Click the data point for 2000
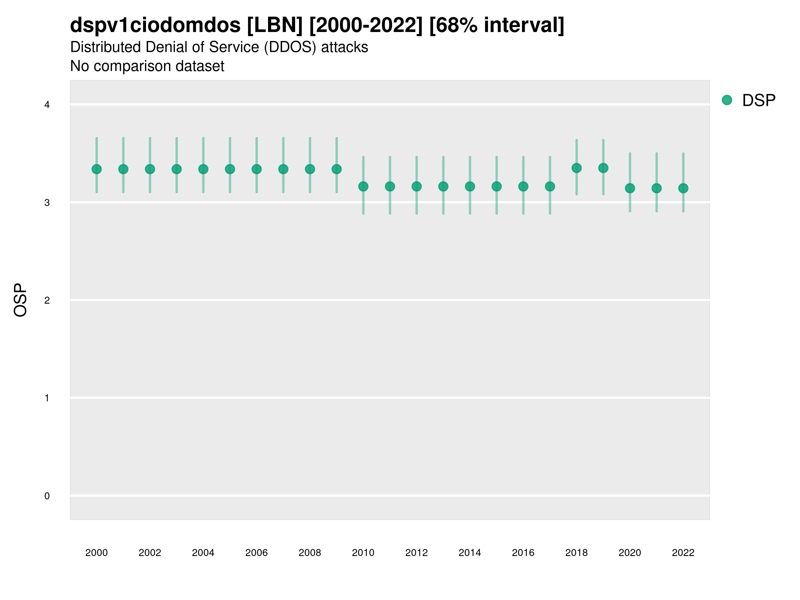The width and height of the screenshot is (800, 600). (97, 169)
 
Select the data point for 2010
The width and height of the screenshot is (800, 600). (363, 187)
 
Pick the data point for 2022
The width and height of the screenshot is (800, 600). (683, 188)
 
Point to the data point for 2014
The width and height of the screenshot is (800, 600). (470, 187)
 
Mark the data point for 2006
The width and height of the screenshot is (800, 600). (256, 169)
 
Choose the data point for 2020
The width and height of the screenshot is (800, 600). (630, 188)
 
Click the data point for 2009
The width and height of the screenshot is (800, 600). (337, 169)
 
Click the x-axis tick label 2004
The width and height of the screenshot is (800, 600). (203, 553)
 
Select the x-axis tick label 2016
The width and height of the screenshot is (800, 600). (523, 553)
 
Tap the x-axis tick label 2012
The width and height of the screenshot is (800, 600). (416, 553)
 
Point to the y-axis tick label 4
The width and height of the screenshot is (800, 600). (47, 105)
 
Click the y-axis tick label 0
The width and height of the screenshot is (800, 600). (47, 496)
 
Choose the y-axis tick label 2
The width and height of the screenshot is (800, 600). (47, 301)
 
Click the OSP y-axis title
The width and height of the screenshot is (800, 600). (20, 300)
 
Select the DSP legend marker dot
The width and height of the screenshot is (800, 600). (727, 100)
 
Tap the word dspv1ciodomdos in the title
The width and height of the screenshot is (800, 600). (155, 25)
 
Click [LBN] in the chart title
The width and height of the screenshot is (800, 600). (275, 25)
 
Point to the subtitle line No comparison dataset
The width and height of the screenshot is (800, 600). (147, 66)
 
